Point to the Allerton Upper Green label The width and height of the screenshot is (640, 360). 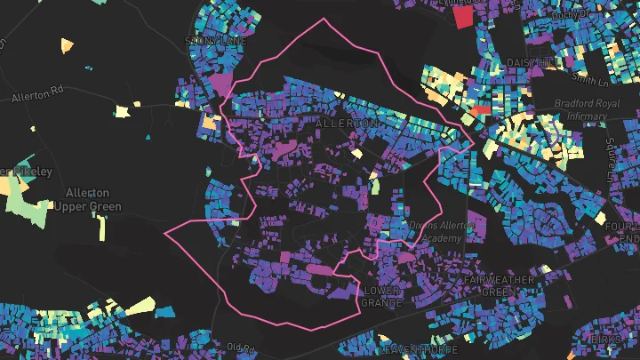click(87, 200)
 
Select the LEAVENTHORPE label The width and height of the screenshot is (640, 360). click(411, 351)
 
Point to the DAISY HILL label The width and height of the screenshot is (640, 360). click(530, 62)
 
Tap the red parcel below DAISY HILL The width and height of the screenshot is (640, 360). click(481, 110)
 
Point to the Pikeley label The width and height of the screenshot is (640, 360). click(27, 171)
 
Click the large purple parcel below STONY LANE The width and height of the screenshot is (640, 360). click(218, 82)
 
